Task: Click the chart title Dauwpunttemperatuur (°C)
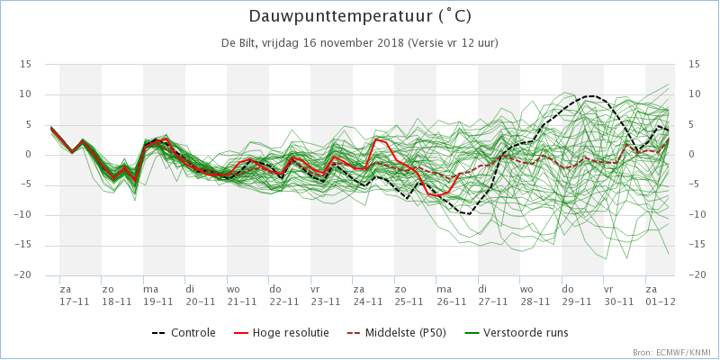(x=360, y=16)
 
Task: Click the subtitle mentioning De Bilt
(x=360, y=43)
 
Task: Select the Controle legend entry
(x=184, y=332)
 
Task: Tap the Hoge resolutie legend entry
(x=282, y=332)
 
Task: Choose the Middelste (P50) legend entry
(x=396, y=332)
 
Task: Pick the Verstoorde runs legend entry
(x=516, y=332)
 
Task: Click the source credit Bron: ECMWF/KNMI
(x=673, y=353)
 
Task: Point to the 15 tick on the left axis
(x=26, y=64)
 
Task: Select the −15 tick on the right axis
(x=697, y=245)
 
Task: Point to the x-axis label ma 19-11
(x=158, y=296)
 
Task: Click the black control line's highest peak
(x=591, y=96)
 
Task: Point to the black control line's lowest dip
(x=468, y=214)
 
